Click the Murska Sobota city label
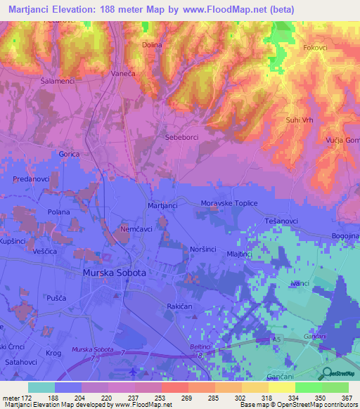(114, 273)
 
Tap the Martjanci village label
(162, 205)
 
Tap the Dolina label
(152, 45)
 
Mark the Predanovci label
(30, 180)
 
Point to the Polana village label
(58, 212)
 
